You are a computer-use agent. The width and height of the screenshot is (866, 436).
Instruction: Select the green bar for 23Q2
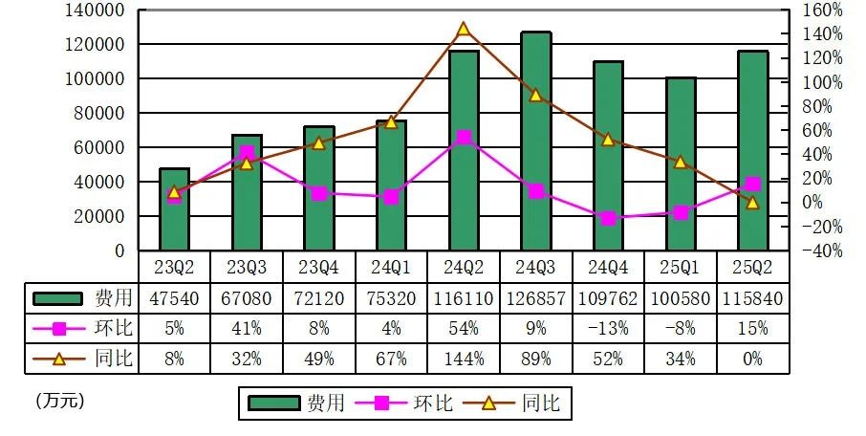(174, 209)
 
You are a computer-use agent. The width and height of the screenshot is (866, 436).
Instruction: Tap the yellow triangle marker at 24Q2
(464, 29)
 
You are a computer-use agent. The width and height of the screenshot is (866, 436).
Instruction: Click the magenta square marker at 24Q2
(464, 138)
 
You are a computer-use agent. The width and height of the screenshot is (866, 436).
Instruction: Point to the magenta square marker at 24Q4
(608, 218)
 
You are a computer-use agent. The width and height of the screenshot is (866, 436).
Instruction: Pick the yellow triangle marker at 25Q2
(753, 202)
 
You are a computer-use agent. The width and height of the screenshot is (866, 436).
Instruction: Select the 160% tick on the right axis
(823, 11)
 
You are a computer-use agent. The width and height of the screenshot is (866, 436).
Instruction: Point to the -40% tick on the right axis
(823, 251)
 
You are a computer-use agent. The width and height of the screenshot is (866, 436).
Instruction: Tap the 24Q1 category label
(391, 266)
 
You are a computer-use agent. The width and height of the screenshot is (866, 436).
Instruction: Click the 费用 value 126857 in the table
(535, 298)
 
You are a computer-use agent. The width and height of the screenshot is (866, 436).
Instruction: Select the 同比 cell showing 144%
(464, 359)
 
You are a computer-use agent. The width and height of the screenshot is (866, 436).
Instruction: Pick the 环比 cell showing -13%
(608, 328)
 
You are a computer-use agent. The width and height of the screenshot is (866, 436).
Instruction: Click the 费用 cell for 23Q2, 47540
(174, 298)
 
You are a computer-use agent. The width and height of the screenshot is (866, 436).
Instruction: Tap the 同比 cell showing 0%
(753, 359)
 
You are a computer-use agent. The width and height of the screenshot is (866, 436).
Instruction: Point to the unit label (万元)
(59, 401)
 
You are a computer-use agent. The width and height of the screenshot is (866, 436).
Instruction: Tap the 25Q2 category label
(753, 266)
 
